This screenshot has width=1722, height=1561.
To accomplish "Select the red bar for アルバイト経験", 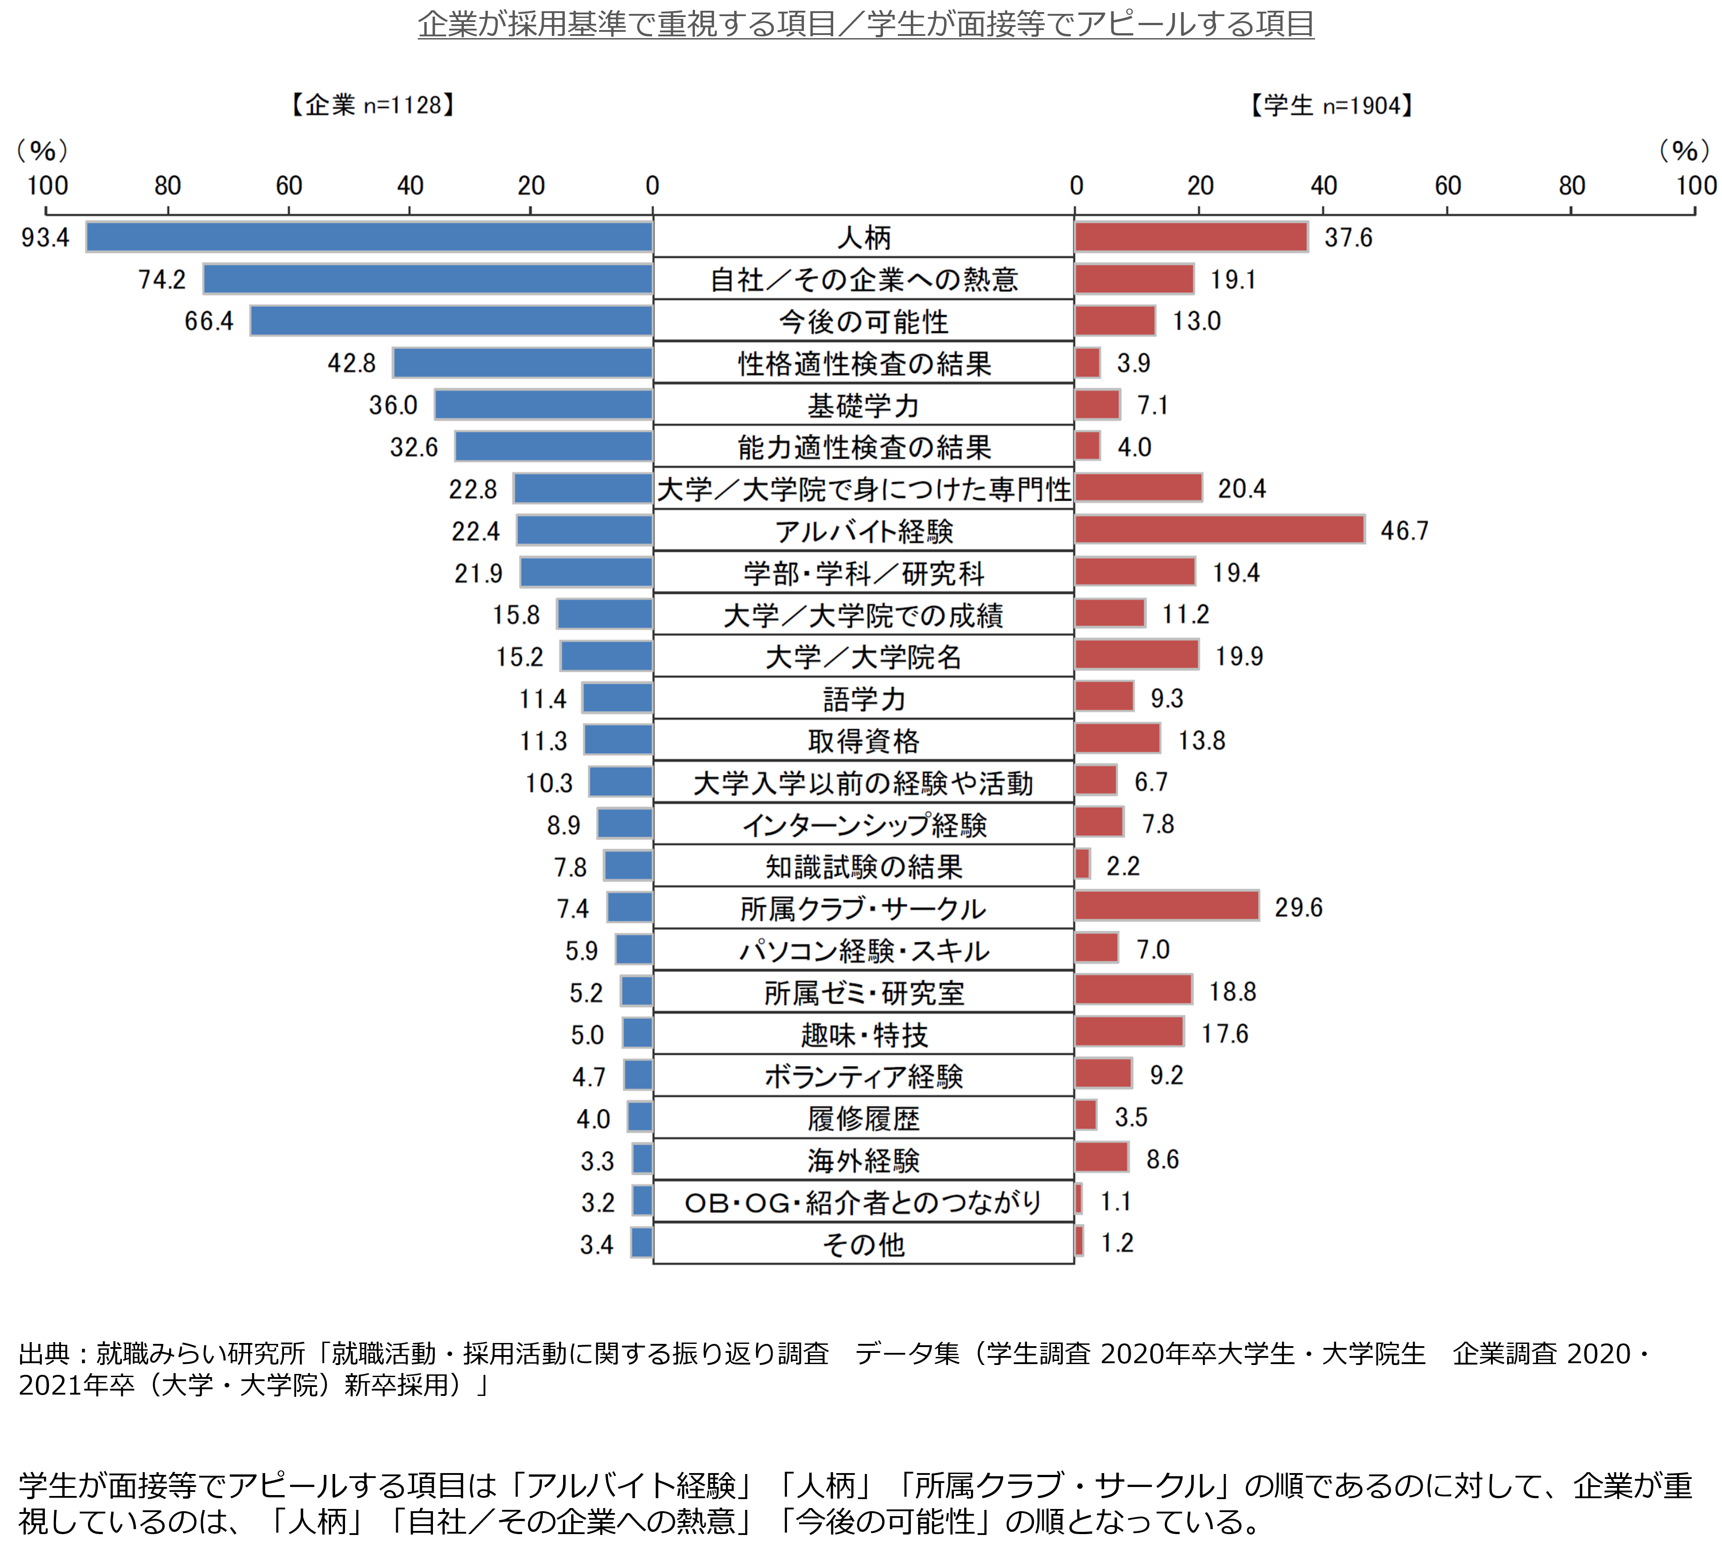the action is point(1220,529).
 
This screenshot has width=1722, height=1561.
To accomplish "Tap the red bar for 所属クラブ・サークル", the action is point(1167,906).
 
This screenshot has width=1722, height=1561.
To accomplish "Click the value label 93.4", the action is point(45,237).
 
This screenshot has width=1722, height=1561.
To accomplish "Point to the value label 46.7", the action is point(1404,530).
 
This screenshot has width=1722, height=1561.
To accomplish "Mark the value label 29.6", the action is point(1298,907).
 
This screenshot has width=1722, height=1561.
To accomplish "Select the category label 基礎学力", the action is point(864,406).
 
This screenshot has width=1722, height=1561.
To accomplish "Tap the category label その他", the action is point(864,1244).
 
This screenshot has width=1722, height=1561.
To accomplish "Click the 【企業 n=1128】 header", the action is point(372,105).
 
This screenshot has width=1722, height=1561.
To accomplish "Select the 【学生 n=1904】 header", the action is point(1332,105).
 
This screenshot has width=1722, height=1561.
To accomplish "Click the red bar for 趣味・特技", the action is point(1129,1032).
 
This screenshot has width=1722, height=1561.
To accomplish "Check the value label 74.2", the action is point(162,279).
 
